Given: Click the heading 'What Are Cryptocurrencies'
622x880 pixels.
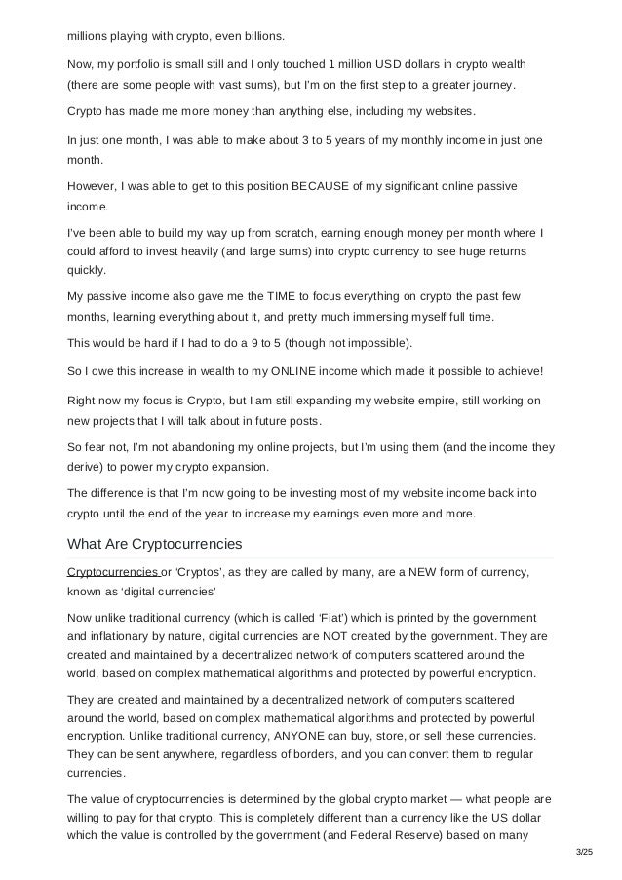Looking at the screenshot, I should click(x=154, y=543).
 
